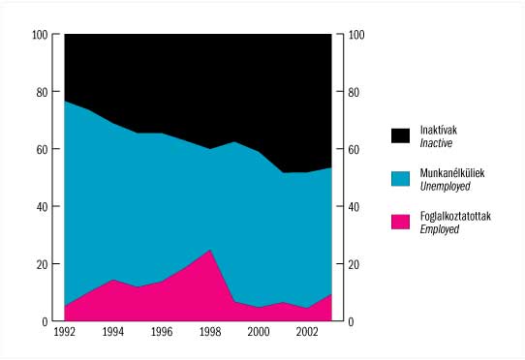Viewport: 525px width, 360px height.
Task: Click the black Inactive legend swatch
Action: click(x=400, y=135)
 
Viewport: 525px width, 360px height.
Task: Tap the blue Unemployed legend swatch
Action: click(x=400, y=179)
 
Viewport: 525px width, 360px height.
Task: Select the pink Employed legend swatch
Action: click(x=400, y=222)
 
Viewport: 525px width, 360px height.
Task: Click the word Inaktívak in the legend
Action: click(x=438, y=130)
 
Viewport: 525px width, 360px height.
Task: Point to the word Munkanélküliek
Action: click(x=452, y=173)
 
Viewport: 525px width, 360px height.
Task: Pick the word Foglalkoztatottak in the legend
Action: click(x=455, y=216)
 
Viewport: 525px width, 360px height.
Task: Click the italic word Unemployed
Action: click(x=445, y=186)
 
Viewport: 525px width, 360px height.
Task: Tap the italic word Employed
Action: click(x=440, y=229)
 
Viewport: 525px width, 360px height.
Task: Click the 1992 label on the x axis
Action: click(x=65, y=332)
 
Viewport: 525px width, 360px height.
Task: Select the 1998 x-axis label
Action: click(x=210, y=332)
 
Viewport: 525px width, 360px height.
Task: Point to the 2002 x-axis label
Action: click(x=307, y=332)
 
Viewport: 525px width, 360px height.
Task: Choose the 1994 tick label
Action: click(x=113, y=332)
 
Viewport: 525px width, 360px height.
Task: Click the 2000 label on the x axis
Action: click(x=259, y=332)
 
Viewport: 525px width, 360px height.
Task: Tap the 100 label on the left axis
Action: click(x=40, y=35)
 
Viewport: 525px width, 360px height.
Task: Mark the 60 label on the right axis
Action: click(x=354, y=150)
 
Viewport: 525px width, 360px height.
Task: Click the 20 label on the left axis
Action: click(x=43, y=264)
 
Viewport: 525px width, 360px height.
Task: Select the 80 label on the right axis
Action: click(x=354, y=92)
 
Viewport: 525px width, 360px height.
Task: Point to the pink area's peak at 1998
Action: click(x=210, y=250)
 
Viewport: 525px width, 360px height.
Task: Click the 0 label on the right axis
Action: click(x=351, y=322)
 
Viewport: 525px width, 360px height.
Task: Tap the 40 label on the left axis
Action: click(x=43, y=207)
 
